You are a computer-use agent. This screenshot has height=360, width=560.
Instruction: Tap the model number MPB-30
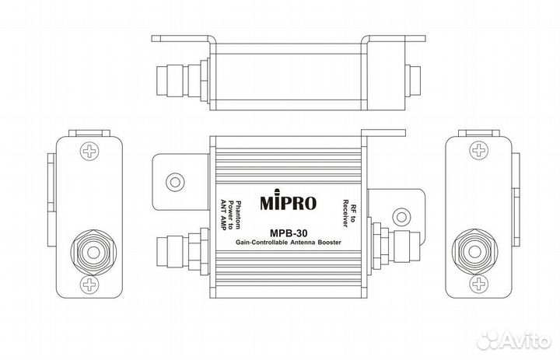(x=287, y=232)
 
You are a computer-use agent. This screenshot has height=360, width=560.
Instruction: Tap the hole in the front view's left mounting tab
(x=175, y=181)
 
